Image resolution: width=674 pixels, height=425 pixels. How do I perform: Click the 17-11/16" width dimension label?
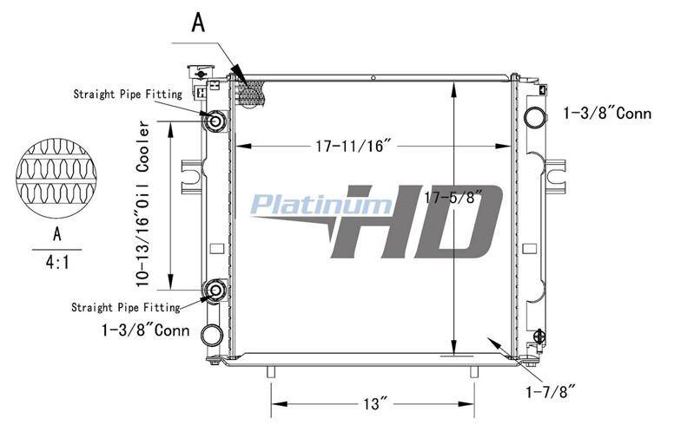point(354,146)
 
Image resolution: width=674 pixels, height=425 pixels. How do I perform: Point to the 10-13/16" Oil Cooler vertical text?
point(142,205)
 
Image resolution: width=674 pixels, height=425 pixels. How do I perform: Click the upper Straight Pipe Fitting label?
point(128,94)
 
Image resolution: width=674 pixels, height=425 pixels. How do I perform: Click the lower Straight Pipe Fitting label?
point(126,307)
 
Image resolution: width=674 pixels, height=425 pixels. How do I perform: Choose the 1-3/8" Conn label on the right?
point(608,114)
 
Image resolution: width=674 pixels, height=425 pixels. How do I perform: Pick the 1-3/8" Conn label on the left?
point(146,330)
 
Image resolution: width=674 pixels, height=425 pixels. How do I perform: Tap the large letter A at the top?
point(198,23)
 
